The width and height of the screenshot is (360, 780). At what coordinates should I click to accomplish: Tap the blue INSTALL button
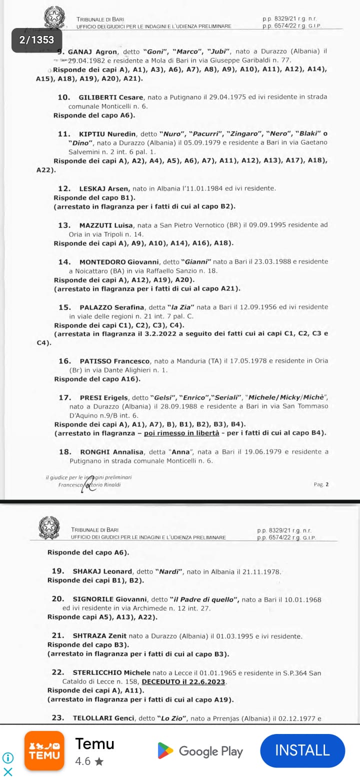[x=302, y=750]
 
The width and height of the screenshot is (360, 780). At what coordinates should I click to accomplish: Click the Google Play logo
[x=165, y=751]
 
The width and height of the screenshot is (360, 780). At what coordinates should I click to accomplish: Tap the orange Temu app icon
[x=44, y=751]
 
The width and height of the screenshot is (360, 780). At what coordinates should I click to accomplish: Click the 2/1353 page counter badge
[x=36, y=40]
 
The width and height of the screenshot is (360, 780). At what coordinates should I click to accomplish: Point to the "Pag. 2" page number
[x=321, y=484]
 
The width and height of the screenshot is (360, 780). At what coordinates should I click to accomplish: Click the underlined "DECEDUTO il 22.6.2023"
[x=184, y=681]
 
